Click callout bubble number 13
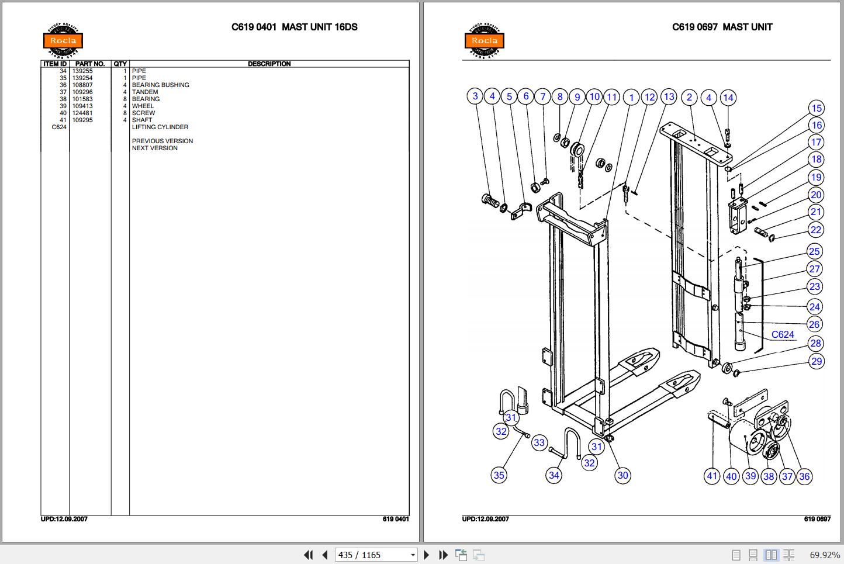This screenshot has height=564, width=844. pos(669,97)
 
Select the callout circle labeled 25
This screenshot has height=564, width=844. pos(815,251)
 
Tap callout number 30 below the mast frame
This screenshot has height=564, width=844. pos(623,475)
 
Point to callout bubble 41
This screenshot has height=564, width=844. pos(712,476)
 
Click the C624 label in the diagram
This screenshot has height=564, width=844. pos(783,334)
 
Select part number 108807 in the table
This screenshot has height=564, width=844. pos(82,85)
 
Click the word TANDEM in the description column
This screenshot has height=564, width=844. pos(145,92)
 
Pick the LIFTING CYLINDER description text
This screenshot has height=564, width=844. pos(160,127)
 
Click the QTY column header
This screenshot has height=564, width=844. pos(120,64)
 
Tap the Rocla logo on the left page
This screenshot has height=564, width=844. pos(63,40)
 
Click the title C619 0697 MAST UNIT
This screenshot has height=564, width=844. pos(722,27)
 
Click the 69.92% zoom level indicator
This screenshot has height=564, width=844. pos(825,555)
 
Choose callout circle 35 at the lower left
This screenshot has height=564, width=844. pos(499,475)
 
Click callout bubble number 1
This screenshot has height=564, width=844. pos(631,97)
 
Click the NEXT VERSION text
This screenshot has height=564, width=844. pos(155,148)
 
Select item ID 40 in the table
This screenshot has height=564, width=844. pos(63,113)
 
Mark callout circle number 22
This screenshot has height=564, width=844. pos(816,230)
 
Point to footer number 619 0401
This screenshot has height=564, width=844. pos(396,519)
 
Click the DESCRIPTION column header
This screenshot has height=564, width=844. pos(269,64)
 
